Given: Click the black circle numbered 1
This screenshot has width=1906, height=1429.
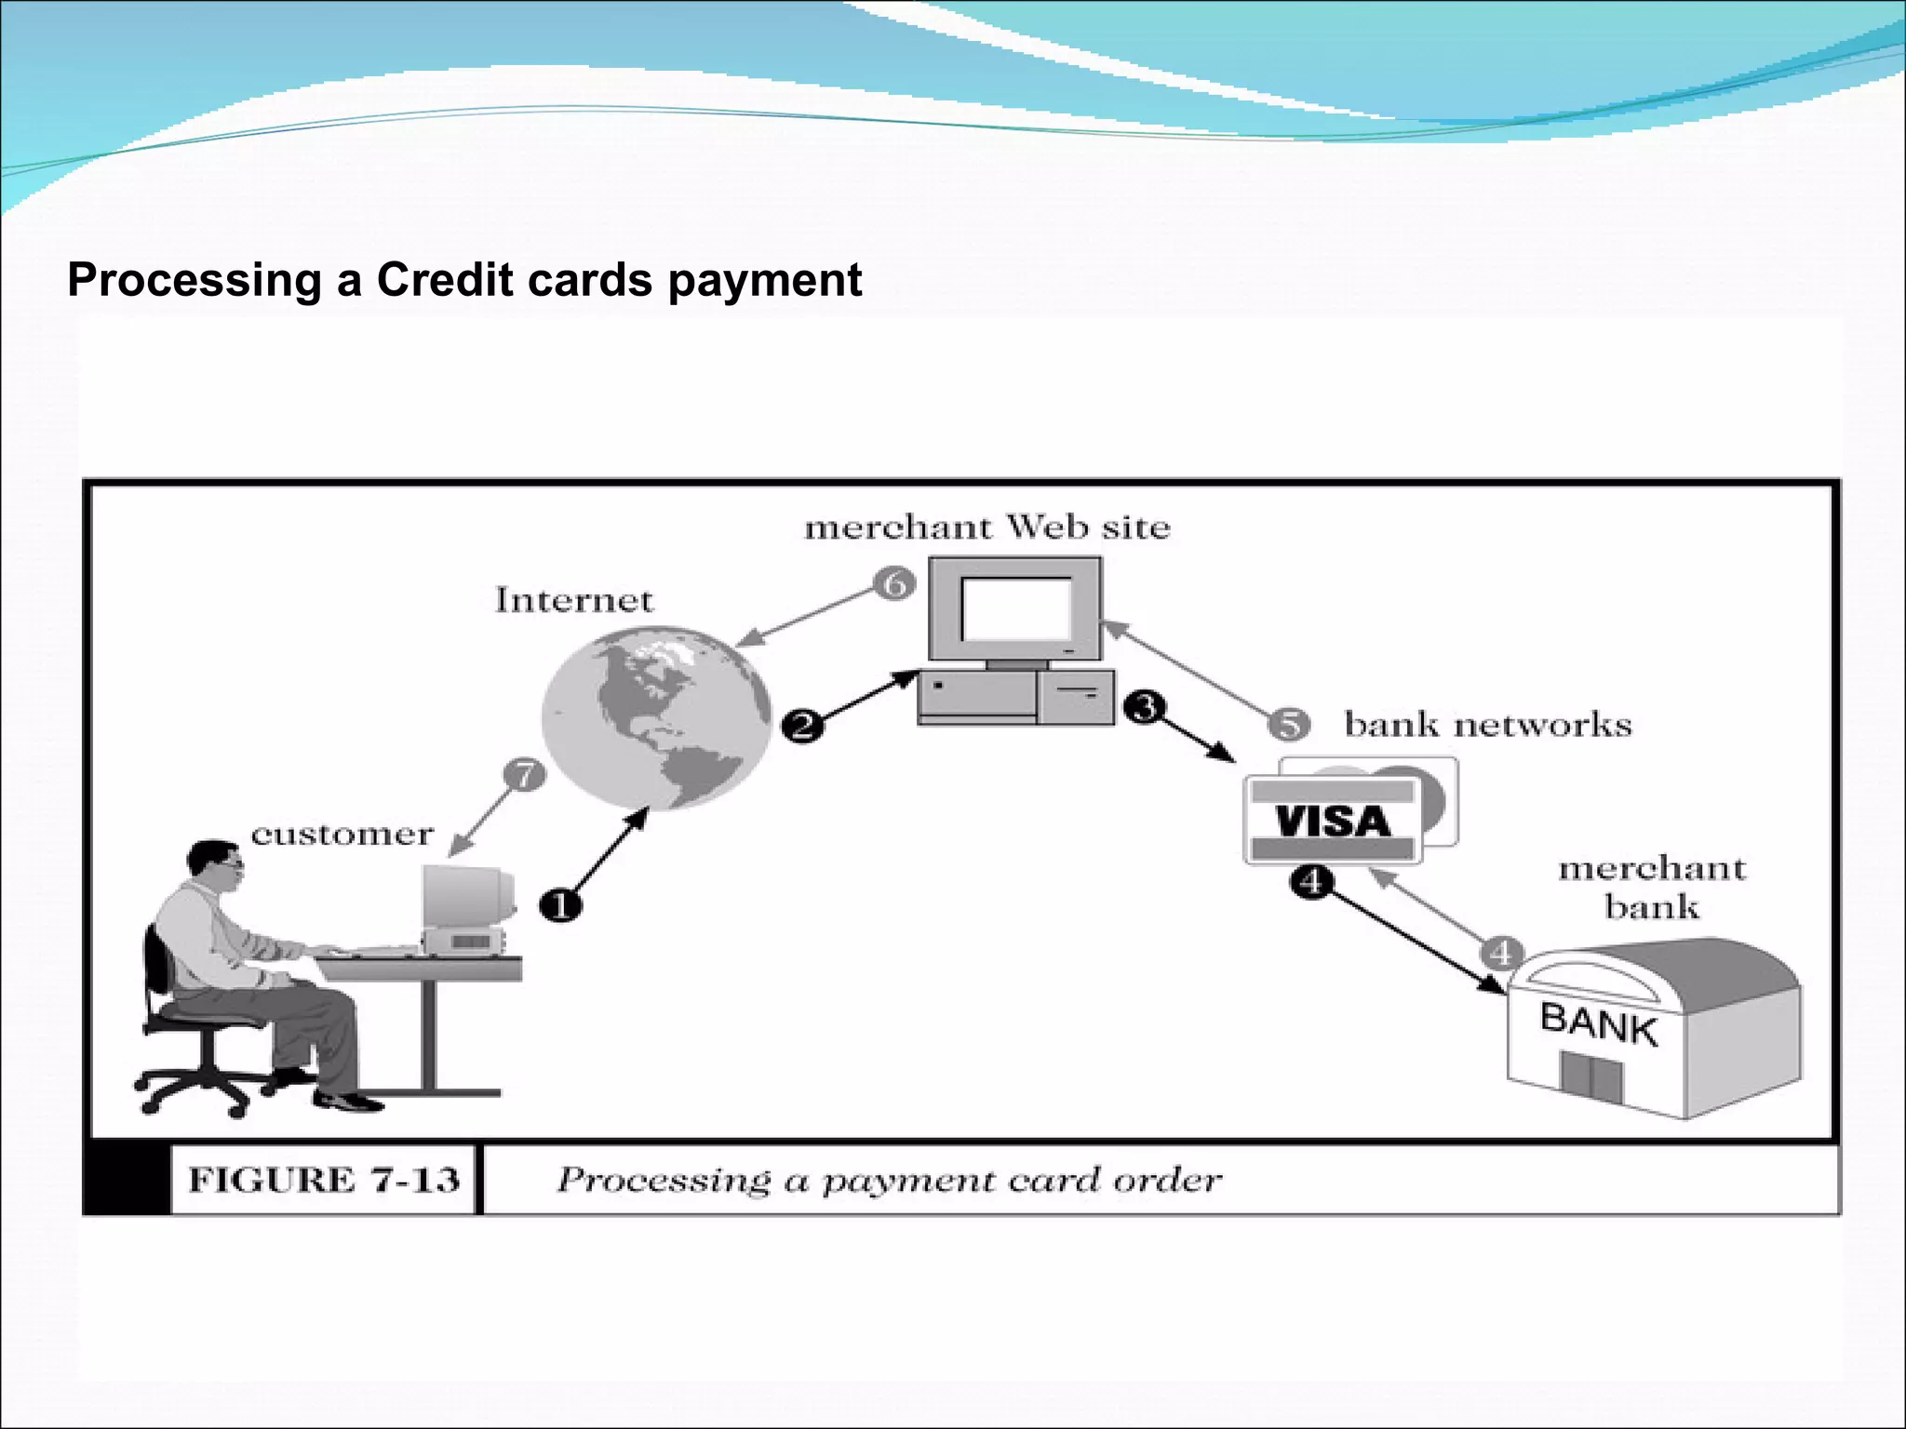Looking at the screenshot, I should pyautogui.click(x=560, y=904).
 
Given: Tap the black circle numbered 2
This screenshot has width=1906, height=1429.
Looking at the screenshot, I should pyautogui.click(x=803, y=726).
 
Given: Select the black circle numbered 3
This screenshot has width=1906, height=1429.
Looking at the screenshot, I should pyautogui.click(x=1144, y=708).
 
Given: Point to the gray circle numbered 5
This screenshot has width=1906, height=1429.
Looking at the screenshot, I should pyautogui.click(x=1289, y=724).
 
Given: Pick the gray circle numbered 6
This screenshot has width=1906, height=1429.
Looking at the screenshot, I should pyautogui.click(x=894, y=584).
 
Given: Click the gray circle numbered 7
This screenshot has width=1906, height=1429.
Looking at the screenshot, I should pyautogui.click(x=525, y=774).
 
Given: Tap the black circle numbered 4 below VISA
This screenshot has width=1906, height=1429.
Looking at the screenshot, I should pyautogui.click(x=1310, y=880).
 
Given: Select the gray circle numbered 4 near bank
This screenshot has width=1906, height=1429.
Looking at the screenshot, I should pyautogui.click(x=1500, y=953).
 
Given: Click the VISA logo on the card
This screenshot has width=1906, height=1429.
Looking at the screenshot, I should pyautogui.click(x=1332, y=821).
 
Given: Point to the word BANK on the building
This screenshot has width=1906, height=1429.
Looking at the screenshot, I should pyautogui.click(x=1598, y=1024).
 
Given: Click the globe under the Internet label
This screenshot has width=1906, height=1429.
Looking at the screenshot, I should pyautogui.click(x=657, y=716).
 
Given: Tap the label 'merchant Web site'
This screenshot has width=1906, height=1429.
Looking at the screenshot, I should pyautogui.click(x=987, y=528).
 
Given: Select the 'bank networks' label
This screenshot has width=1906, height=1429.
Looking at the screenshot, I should pyautogui.click(x=1487, y=725).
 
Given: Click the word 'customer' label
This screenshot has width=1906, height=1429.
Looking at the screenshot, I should pyautogui.click(x=342, y=835).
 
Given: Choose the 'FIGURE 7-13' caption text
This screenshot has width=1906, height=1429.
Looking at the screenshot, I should pyautogui.click(x=324, y=1180).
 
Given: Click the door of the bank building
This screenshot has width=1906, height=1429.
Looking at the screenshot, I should pyautogui.click(x=1591, y=1079).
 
